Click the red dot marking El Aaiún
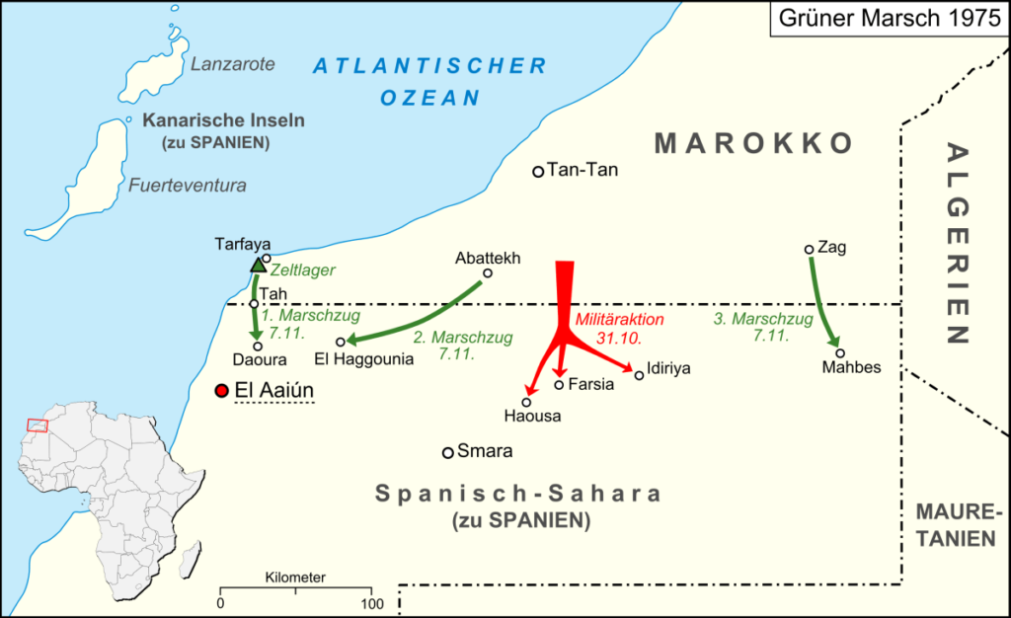[x=221, y=391]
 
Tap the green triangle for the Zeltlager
[x=258, y=265]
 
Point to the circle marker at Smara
[x=447, y=452]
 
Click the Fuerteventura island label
[x=187, y=185]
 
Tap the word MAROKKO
[x=754, y=143]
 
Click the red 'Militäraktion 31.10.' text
[x=619, y=329]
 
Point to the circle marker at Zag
[x=809, y=249]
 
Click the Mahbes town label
[x=849, y=368]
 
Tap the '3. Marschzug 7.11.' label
[x=763, y=328]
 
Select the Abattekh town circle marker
[x=487, y=273]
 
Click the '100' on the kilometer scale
[x=371, y=602]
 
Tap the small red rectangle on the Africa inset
[x=38, y=425]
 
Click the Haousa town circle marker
[x=527, y=402]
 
